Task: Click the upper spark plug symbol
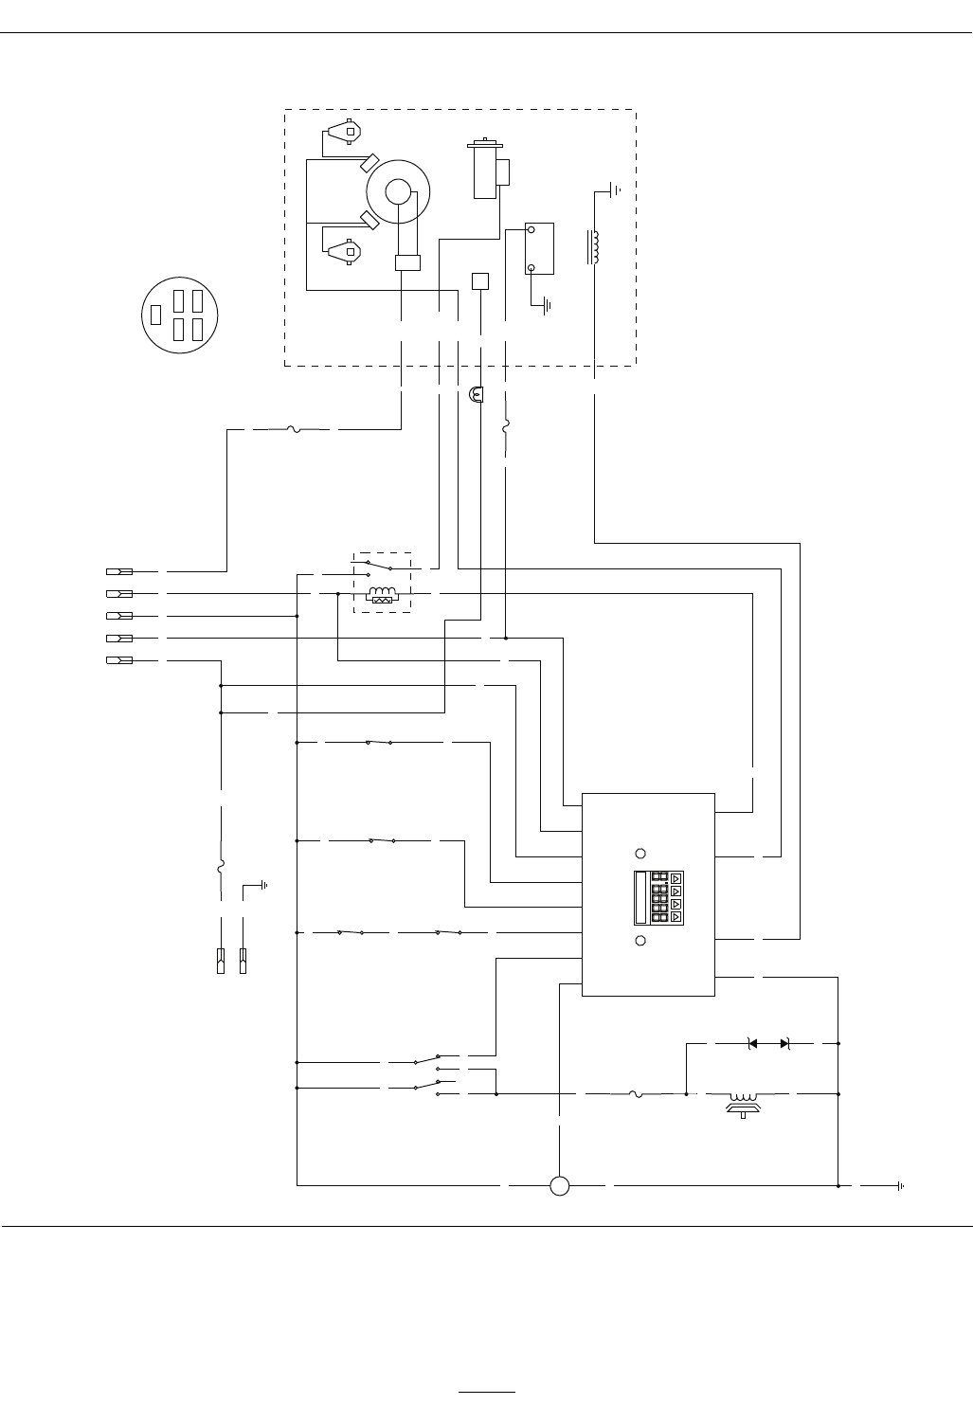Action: pos(344,132)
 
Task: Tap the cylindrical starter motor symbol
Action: pos(485,171)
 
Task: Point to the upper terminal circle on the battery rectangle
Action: pos(532,230)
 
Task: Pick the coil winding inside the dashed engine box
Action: pos(595,246)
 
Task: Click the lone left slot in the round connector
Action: pos(155,315)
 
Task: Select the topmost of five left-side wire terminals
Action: pos(118,571)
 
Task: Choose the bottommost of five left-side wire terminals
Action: pos(118,659)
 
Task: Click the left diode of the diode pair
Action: pos(752,1043)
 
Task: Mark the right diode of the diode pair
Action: pos(784,1043)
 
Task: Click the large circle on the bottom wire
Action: pos(559,1185)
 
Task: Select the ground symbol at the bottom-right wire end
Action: pos(901,1185)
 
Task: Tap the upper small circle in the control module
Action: pos(640,852)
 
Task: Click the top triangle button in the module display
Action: pos(676,877)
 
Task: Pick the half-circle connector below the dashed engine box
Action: pos(477,392)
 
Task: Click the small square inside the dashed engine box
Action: pos(480,281)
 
